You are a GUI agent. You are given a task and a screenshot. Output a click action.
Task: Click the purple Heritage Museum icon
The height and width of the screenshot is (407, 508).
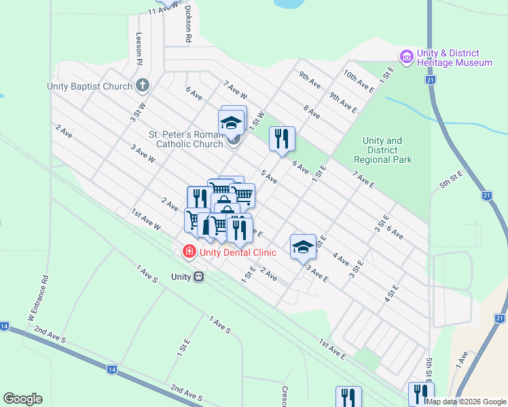click(407, 57)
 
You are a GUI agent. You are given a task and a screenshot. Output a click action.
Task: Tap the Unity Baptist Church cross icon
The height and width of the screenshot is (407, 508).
click(142, 85)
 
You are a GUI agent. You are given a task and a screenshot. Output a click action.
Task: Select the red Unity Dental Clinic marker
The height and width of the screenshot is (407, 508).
click(188, 252)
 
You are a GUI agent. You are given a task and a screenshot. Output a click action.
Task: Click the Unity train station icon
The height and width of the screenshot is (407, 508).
click(199, 277)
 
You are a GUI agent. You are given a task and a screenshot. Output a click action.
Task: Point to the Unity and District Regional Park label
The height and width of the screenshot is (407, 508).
click(383, 151)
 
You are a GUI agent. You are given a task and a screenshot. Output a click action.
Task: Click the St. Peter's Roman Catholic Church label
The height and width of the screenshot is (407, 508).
click(187, 138)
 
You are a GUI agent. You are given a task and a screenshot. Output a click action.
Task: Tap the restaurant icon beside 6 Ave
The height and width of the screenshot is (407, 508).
click(282, 138)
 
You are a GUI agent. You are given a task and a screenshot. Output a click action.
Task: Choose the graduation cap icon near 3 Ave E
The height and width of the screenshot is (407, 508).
click(303, 247)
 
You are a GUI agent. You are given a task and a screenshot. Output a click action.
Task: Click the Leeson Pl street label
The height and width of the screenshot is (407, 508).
click(139, 49)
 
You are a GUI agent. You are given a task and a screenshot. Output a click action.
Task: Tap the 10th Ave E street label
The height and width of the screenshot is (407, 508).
click(359, 81)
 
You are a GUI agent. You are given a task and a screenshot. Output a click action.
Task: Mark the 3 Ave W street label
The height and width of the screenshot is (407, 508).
click(143, 154)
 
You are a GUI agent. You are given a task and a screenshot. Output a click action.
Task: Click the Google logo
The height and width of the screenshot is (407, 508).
click(22, 399)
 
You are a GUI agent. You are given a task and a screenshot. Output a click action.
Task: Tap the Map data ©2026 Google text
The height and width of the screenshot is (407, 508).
click(466, 401)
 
